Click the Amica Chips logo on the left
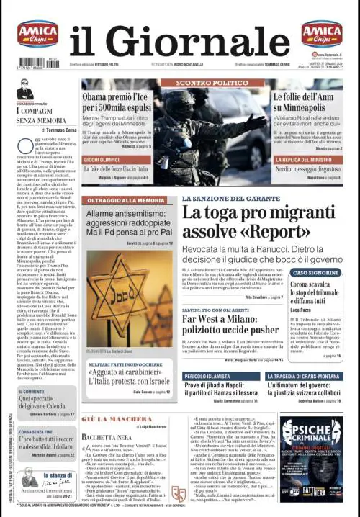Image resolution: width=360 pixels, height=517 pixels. [37, 34]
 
